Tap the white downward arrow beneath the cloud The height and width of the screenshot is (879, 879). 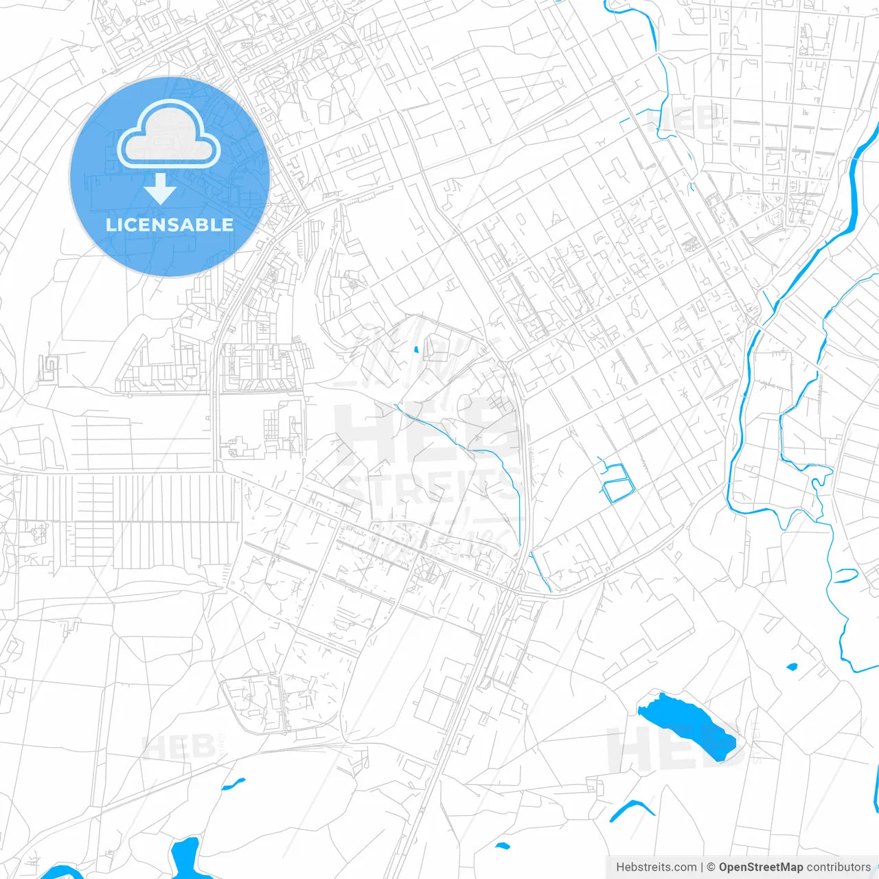pos(160,189)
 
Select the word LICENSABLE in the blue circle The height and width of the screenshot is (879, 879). pos(170,225)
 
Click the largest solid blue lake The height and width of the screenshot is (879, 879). pos(687,724)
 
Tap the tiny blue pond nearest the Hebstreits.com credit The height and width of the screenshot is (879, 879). pos(502,845)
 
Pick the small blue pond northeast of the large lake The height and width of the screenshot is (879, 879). pos(792,666)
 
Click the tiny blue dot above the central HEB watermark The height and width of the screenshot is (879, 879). pos(416,350)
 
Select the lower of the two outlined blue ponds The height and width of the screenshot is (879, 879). pos(617,490)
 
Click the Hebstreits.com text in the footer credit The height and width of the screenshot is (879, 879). pos(656,867)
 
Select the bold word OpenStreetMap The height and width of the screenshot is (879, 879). pos(760,867)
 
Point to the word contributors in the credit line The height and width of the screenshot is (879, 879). pos(838,867)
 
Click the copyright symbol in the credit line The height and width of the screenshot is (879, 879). pos(711,867)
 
